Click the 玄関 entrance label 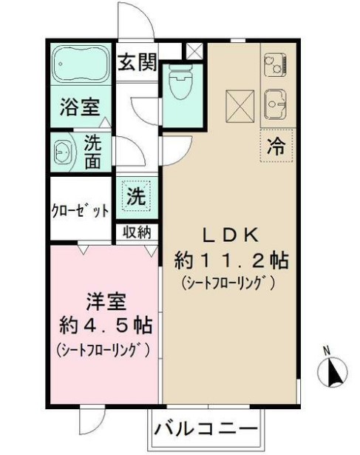pyautogui.click(x=138, y=62)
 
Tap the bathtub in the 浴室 pyautogui.click(x=81, y=64)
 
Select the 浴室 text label pyautogui.click(x=80, y=107)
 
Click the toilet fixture pyautogui.click(x=182, y=82)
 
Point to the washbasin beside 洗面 pyautogui.click(x=64, y=152)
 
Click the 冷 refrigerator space pyautogui.click(x=276, y=146)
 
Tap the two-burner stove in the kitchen pyautogui.click(x=276, y=66)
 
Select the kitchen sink pyautogui.click(x=276, y=104)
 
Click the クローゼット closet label pyautogui.click(x=81, y=211)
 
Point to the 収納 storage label pyautogui.click(x=137, y=232)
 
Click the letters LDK pyautogui.click(x=230, y=235)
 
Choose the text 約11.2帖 pyautogui.click(x=231, y=260)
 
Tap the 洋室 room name pyautogui.click(x=106, y=302)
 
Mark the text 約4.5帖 pyautogui.click(x=106, y=326)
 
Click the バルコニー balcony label pyautogui.click(x=206, y=428)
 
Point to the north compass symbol pyautogui.click(x=332, y=369)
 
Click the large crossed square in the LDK pyautogui.click(x=240, y=106)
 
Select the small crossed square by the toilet pyautogui.click(x=194, y=51)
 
